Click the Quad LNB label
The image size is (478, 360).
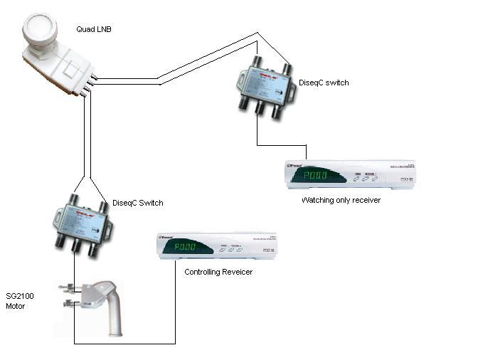coord(93,28)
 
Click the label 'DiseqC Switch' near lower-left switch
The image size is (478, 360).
coord(138,203)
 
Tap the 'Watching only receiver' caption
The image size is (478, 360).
coord(341,200)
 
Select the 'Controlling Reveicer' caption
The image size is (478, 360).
coord(218,272)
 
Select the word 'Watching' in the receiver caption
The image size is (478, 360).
coord(318,200)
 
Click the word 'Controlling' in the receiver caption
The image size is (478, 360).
coord(201,272)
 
